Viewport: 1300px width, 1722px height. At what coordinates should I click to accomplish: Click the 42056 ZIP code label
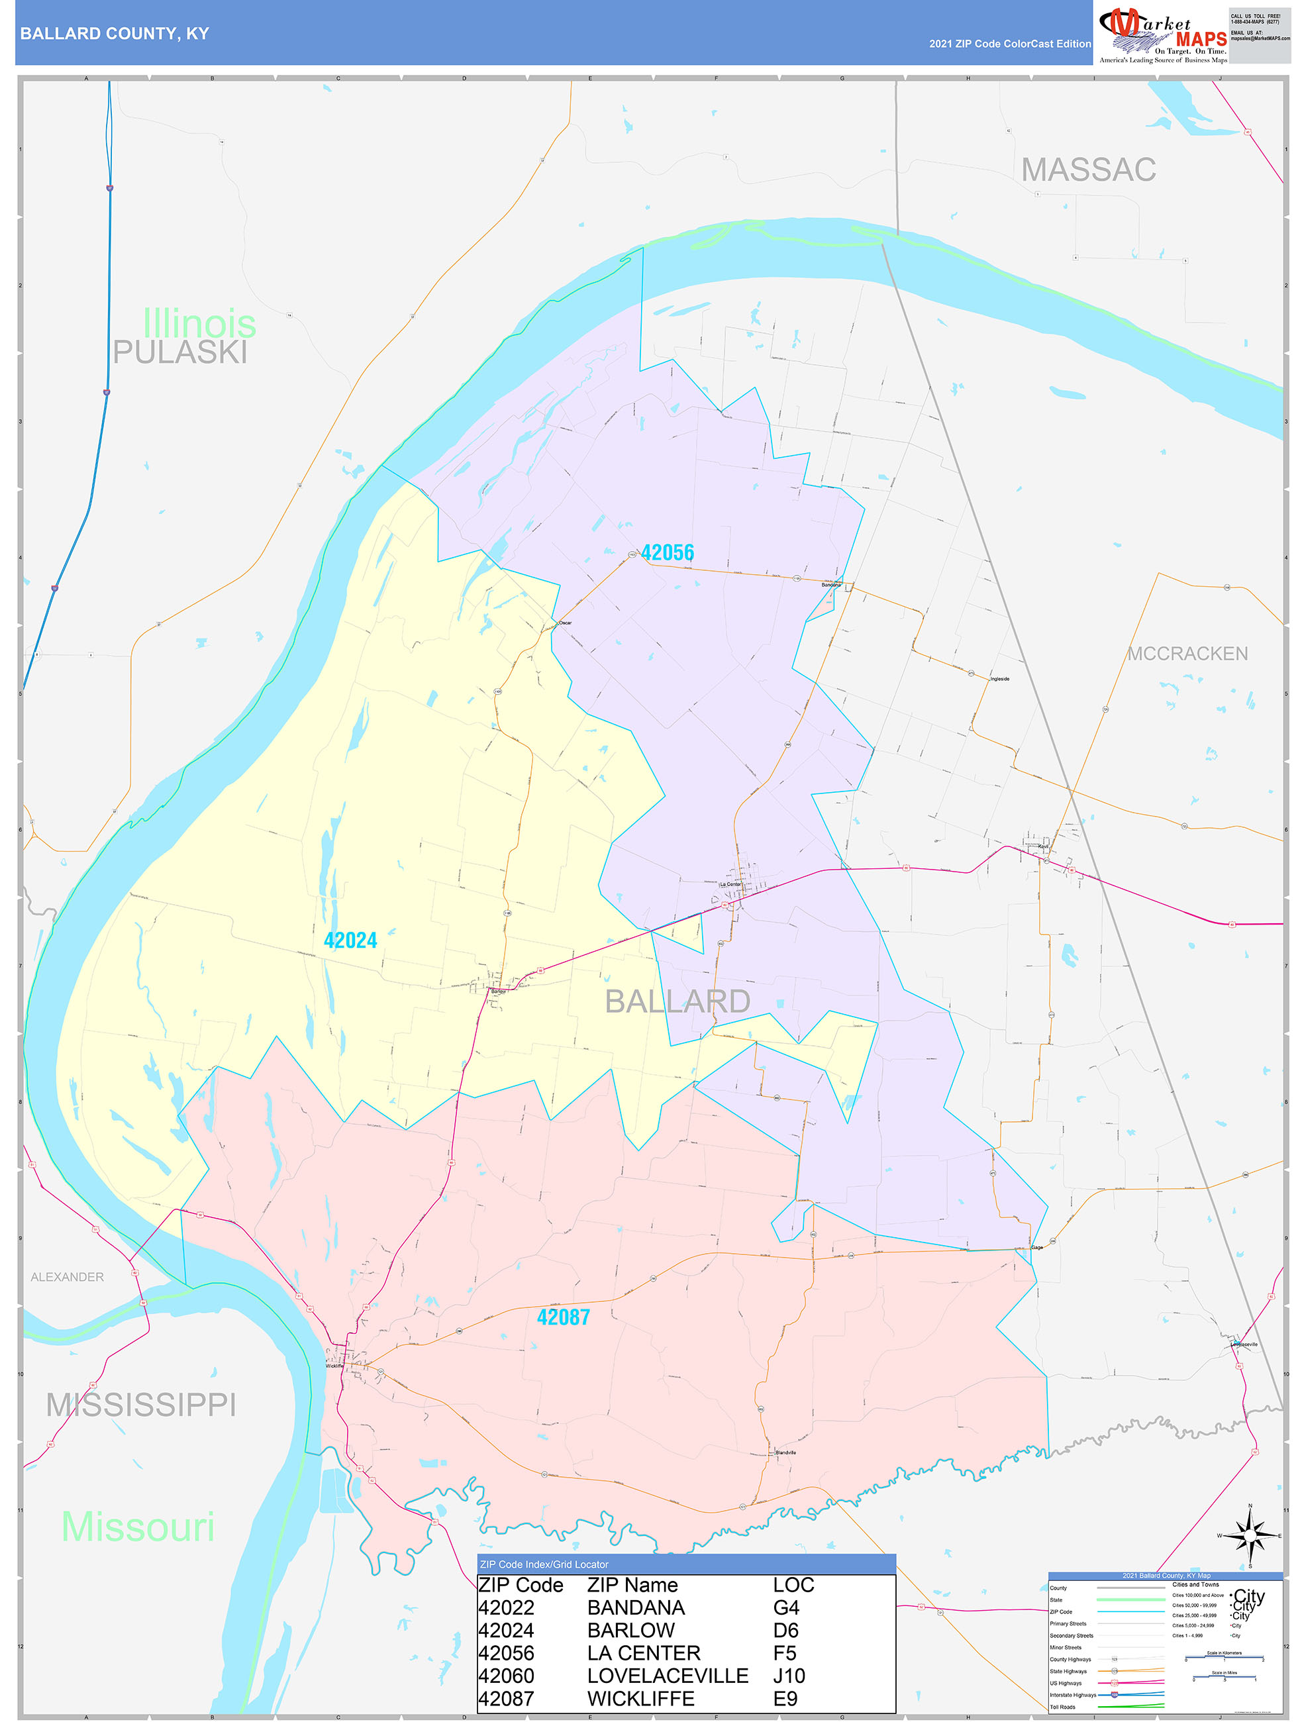[x=667, y=553]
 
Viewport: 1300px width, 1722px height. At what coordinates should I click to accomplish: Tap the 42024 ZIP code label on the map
[x=350, y=940]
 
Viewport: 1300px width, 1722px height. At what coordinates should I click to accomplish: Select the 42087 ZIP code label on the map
[x=563, y=1317]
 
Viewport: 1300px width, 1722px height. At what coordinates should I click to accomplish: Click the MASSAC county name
[x=1087, y=170]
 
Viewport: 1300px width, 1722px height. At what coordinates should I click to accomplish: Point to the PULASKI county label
[x=180, y=352]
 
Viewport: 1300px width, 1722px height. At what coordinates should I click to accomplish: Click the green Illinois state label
[x=199, y=323]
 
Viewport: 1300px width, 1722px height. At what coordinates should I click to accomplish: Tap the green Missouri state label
[x=138, y=1527]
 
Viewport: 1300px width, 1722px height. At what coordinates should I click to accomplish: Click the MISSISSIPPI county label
[x=141, y=1405]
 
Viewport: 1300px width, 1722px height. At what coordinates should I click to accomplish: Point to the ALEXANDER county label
[x=67, y=1278]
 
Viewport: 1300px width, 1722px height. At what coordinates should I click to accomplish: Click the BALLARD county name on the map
[x=677, y=1001]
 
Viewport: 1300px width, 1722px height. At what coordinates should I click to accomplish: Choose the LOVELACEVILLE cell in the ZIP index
[x=667, y=1676]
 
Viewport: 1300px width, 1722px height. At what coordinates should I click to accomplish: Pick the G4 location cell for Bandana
[x=785, y=1607]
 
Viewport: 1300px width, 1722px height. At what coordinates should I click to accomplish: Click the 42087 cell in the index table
[x=506, y=1699]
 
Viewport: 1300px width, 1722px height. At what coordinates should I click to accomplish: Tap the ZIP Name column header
[x=632, y=1585]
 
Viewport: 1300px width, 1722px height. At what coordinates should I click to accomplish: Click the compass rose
[x=1250, y=1536]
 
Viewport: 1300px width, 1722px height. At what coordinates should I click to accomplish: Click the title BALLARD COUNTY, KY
[x=115, y=34]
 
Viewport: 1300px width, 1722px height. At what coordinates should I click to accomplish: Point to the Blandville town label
[x=785, y=1452]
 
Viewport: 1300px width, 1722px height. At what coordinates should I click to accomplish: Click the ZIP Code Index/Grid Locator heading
[x=544, y=1564]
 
